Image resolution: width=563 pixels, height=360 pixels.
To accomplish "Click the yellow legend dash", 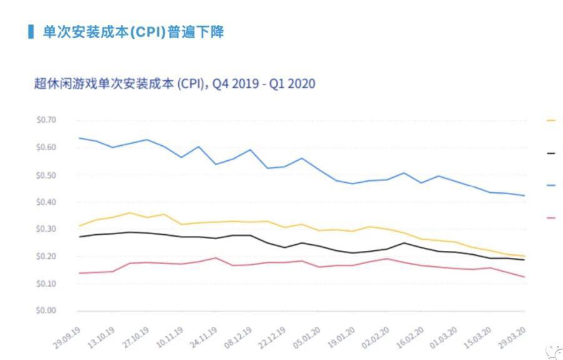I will [551, 120].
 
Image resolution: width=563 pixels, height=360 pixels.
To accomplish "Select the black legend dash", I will [551, 152].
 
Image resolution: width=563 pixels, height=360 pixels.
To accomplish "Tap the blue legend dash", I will [551, 185].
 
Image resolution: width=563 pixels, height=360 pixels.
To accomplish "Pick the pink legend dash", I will [551, 217].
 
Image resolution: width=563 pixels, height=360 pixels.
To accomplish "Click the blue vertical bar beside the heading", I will [31, 31].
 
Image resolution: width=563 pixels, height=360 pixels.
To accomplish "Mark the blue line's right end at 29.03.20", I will [524, 196].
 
